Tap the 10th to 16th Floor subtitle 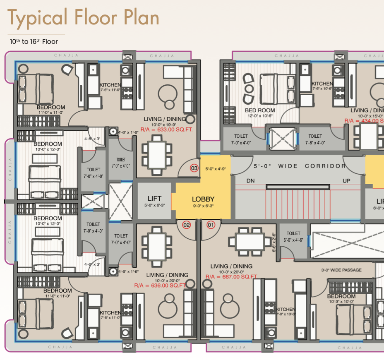coord(34,42)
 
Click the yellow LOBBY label coord(203,199)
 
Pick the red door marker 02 coord(187,225)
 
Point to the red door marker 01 coord(211,225)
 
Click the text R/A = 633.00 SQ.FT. coord(167,130)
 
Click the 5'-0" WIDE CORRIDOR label coord(300,166)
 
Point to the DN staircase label coord(251,181)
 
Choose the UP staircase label coord(346,181)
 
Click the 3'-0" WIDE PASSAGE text coord(341,270)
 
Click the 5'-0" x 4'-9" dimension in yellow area coord(215,169)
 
